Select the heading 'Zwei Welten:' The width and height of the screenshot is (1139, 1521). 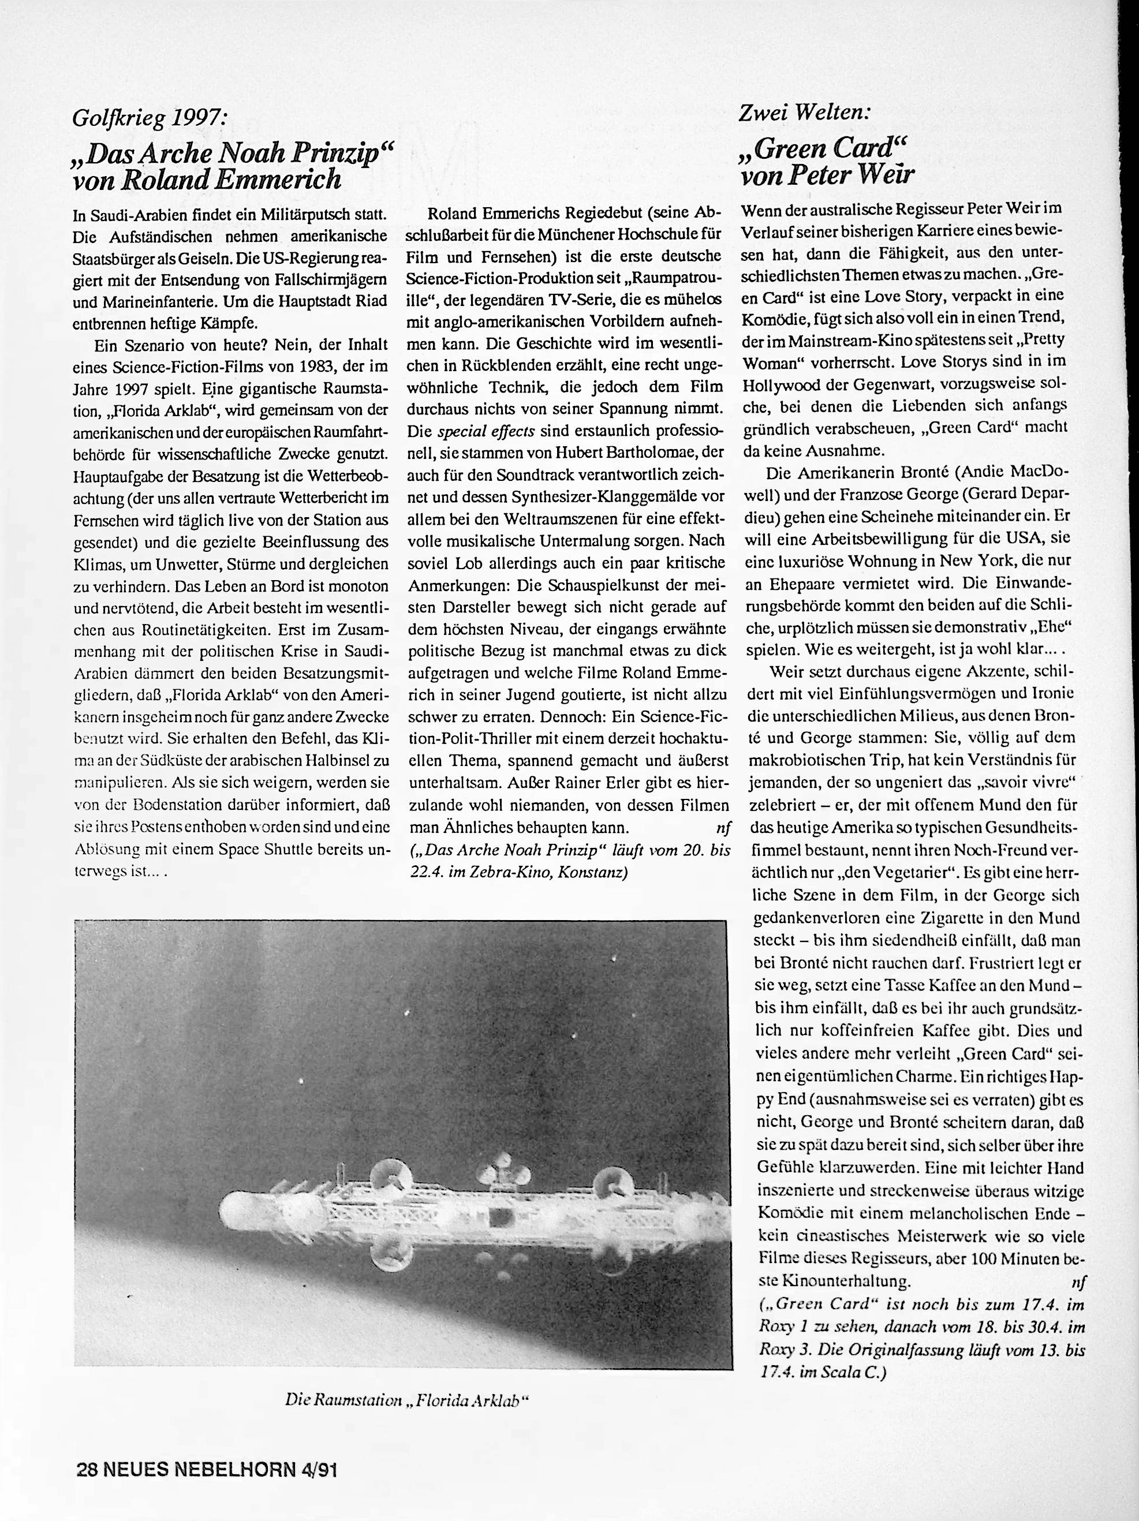pos(805,112)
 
